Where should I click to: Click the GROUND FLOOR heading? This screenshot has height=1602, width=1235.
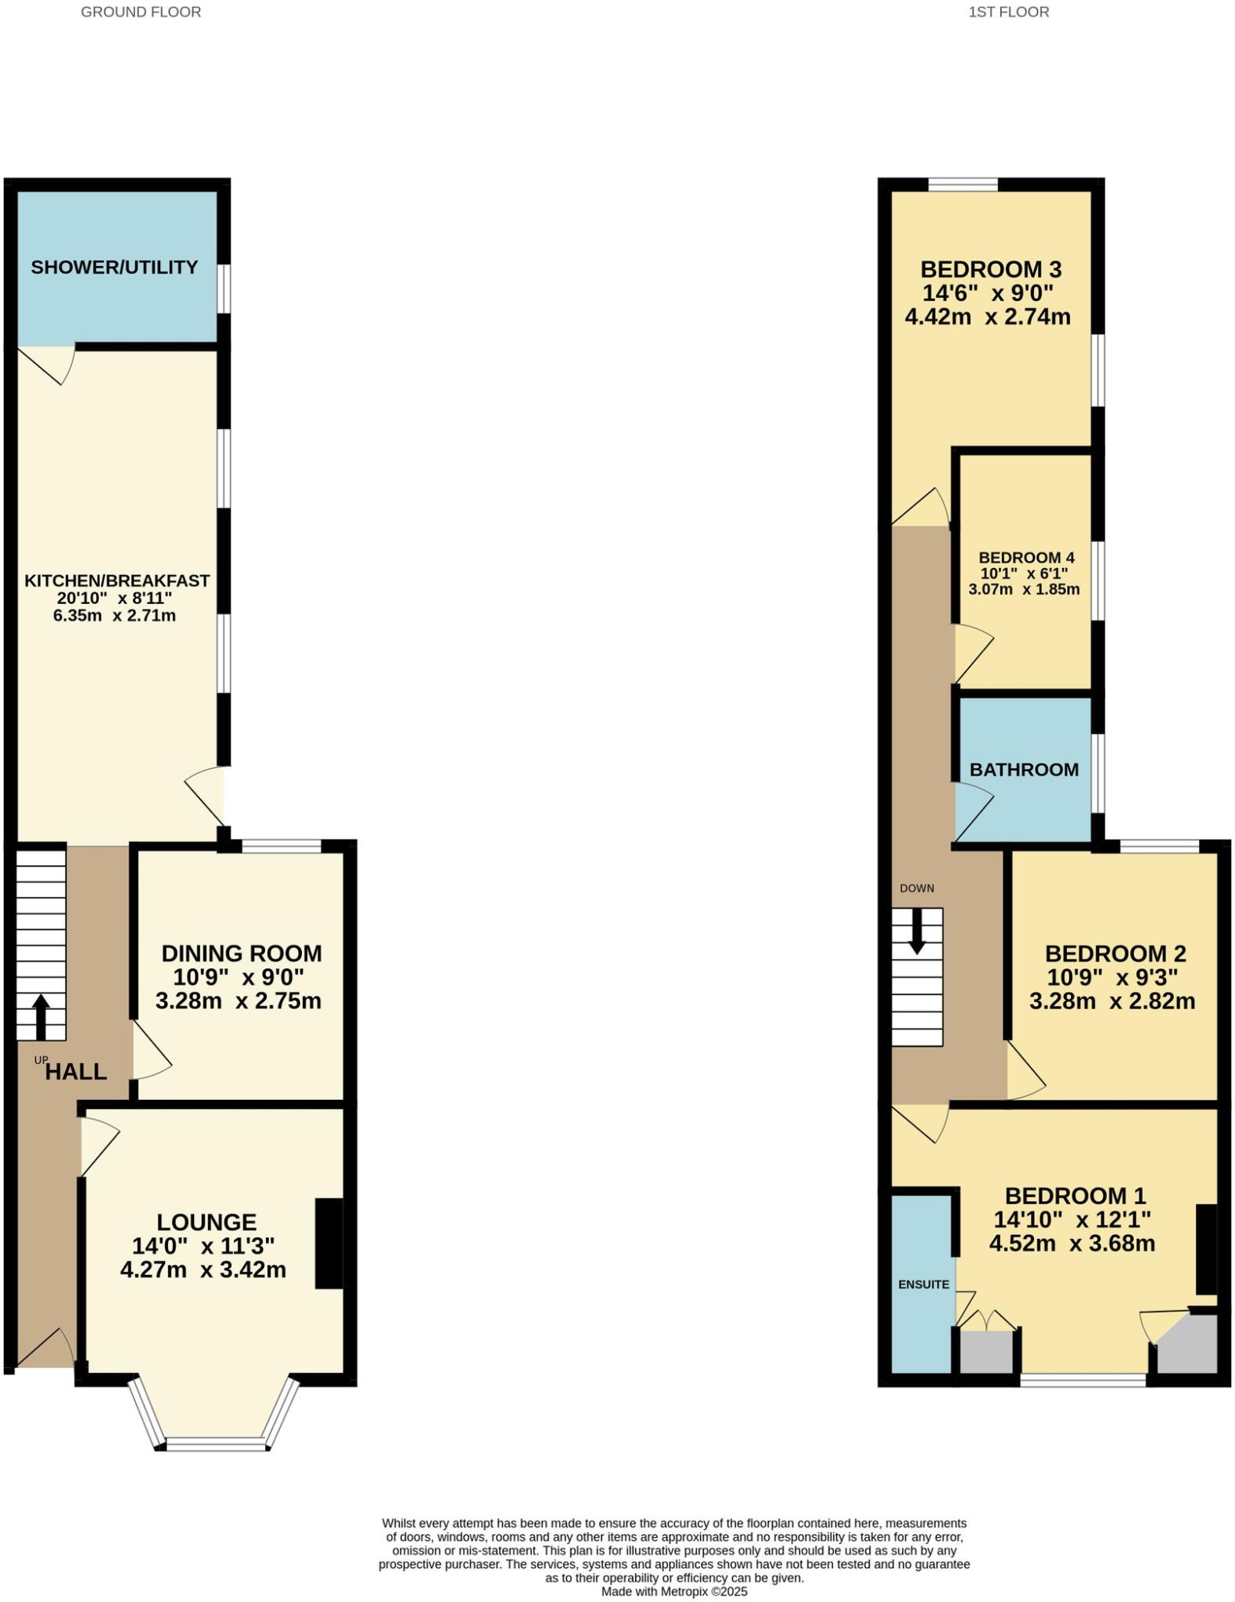(141, 12)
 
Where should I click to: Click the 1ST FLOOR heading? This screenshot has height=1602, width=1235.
(1008, 12)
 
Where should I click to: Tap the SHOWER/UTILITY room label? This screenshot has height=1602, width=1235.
(114, 268)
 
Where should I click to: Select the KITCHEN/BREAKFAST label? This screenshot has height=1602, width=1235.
(117, 580)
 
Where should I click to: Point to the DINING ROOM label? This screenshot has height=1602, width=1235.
(241, 954)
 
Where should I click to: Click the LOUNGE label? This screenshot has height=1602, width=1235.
(206, 1222)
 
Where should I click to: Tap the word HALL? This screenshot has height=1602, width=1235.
(76, 1072)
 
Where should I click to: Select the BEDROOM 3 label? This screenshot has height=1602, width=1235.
(990, 270)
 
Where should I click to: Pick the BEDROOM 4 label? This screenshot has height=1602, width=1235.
(1026, 558)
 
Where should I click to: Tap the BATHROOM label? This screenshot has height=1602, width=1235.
(1024, 770)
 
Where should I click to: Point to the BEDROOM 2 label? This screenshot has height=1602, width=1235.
(1115, 954)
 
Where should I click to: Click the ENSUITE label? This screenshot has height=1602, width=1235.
(924, 1284)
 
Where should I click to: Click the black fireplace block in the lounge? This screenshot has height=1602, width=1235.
(328, 1244)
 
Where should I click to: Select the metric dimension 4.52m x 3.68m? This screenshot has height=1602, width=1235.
(1072, 1244)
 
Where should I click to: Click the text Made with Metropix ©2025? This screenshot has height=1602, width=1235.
(674, 1591)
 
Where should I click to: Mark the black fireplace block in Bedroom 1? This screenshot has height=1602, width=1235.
(1206, 1249)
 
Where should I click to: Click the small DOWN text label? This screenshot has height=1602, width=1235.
(917, 889)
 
